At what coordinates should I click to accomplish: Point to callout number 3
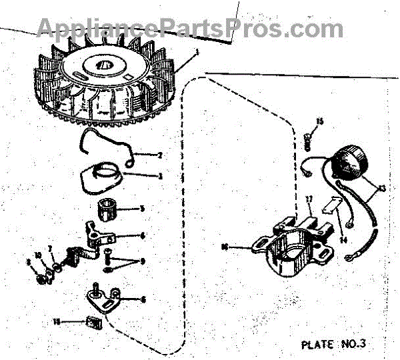(161, 176)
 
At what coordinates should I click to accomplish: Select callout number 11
(57, 321)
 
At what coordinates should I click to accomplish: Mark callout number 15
(319, 121)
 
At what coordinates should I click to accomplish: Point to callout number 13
(382, 189)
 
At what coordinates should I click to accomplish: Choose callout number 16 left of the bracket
(224, 246)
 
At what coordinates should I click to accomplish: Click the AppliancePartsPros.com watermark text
(190, 28)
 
